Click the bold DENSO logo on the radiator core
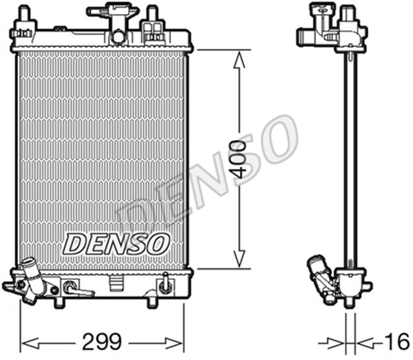pyautogui.click(x=116, y=243)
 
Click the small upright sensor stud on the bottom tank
pyautogui.click(x=166, y=281)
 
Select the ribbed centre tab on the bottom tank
pyautogui.click(x=116, y=281)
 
